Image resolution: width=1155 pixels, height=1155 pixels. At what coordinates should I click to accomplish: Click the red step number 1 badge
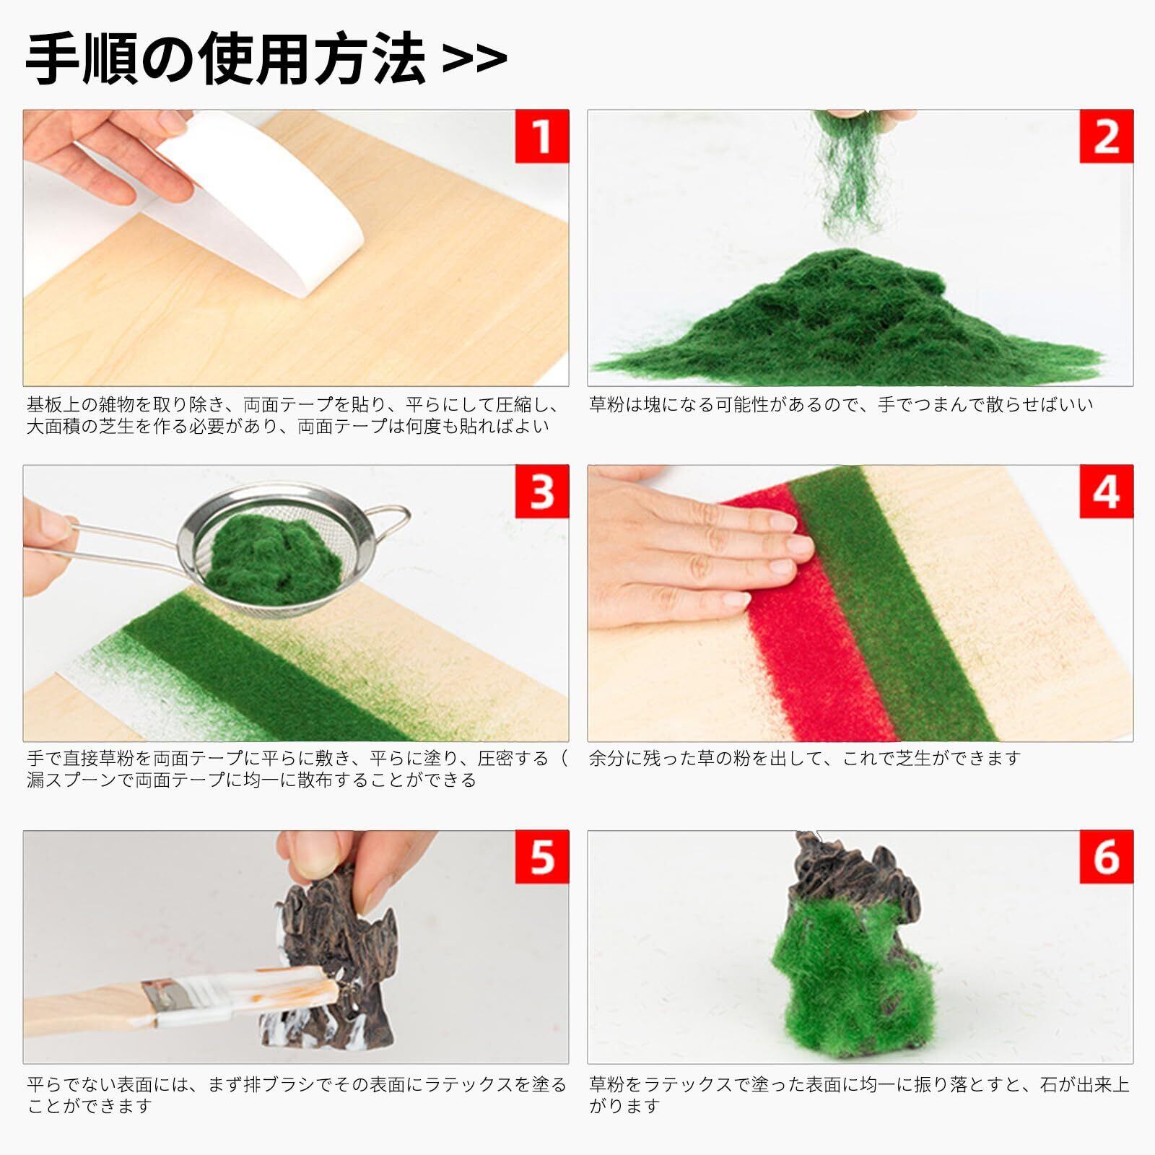(542, 136)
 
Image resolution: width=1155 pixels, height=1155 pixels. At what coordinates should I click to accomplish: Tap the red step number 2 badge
(1107, 136)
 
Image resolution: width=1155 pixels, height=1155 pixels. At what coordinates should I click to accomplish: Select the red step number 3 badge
(542, 492)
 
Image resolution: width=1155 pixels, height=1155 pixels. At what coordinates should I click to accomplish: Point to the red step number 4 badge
(1107, 492)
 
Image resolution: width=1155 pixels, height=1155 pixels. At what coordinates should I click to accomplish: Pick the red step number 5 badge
(542, 857)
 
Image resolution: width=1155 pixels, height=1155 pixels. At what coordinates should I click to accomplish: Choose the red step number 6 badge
(1107, 857)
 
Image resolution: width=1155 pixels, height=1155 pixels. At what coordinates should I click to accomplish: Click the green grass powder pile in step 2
(845, 318)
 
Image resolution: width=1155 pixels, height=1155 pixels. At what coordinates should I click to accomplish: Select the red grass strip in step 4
(808, 614)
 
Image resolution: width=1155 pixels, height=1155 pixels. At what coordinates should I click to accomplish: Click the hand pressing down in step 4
(693, 549)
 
